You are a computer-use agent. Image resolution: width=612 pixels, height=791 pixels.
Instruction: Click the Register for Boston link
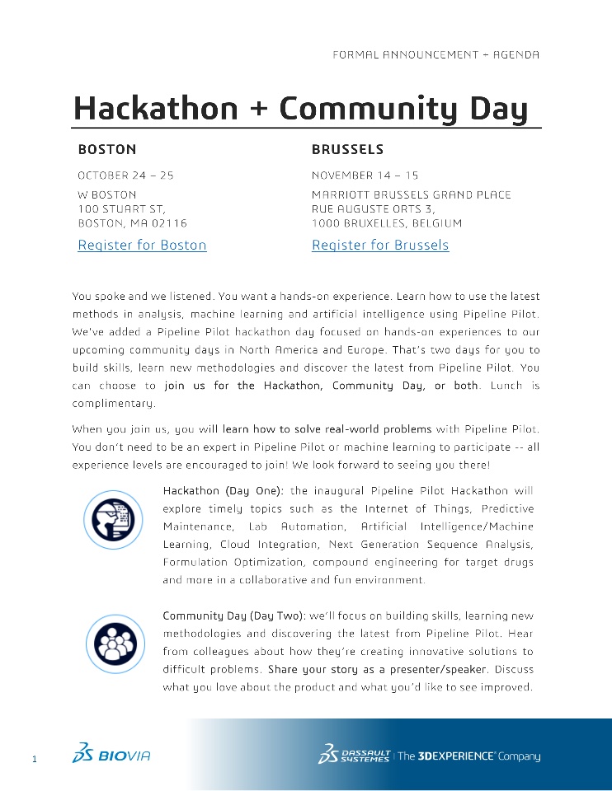[142, 245]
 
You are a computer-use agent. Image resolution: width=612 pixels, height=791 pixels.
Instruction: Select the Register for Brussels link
[380, 245]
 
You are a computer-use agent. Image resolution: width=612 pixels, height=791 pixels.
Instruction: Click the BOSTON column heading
[107, 150]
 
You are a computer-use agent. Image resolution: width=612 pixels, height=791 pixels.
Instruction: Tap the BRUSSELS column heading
[347, 150]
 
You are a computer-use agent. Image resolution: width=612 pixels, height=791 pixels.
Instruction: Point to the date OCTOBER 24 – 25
[125, 176]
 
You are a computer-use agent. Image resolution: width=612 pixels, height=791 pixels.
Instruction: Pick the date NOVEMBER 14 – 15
[365, 176]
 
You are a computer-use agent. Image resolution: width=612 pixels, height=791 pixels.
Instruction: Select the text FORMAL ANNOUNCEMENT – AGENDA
[435, 54]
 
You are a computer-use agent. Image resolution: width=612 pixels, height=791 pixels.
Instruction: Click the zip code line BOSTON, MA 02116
[132, 223]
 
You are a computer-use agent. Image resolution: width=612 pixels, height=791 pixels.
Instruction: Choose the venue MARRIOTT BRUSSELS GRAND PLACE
[411, 195]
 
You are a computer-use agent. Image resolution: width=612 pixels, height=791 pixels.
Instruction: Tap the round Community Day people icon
[110, 639]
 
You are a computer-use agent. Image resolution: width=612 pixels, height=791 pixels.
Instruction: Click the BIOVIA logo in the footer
[111, 754]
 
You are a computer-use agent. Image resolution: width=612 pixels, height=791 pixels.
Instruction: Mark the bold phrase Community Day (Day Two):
[234, 615]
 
